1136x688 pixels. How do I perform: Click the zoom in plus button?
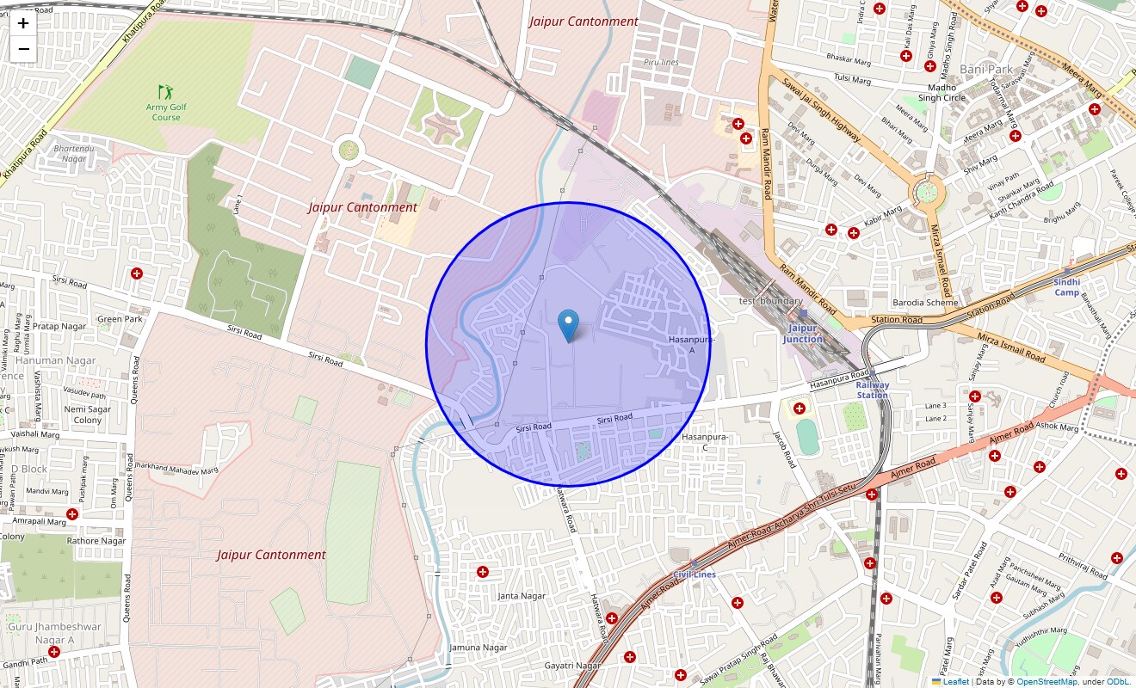click(x=23, y=23)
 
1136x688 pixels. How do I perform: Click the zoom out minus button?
click(x=23, y=49)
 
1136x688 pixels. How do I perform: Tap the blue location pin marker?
click(x=568, y=326)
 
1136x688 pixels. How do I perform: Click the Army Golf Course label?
click(x=166, y=112)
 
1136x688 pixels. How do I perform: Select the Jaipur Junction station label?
click(x=802, y=334)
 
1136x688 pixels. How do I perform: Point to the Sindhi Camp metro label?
click(x=1066, y=287)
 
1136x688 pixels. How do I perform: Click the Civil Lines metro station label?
click(x=695, y=574)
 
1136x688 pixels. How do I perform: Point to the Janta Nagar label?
click(x=522, y=596)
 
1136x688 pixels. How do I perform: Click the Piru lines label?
click(x=661, y=63)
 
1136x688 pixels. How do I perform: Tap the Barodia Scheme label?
click(x=924, y=303)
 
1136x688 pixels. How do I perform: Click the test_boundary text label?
click(x=771, y=301)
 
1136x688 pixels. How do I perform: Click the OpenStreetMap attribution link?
click(x=1046, y=682)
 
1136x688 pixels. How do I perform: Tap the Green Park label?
click(x=120, y=319)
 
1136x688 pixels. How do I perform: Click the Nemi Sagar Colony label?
click(x=87, y=415)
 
